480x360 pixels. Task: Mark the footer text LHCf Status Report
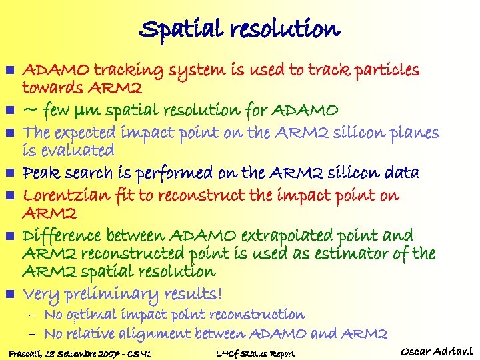tap(256, 354)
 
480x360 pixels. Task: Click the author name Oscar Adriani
tap(437, 351)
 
